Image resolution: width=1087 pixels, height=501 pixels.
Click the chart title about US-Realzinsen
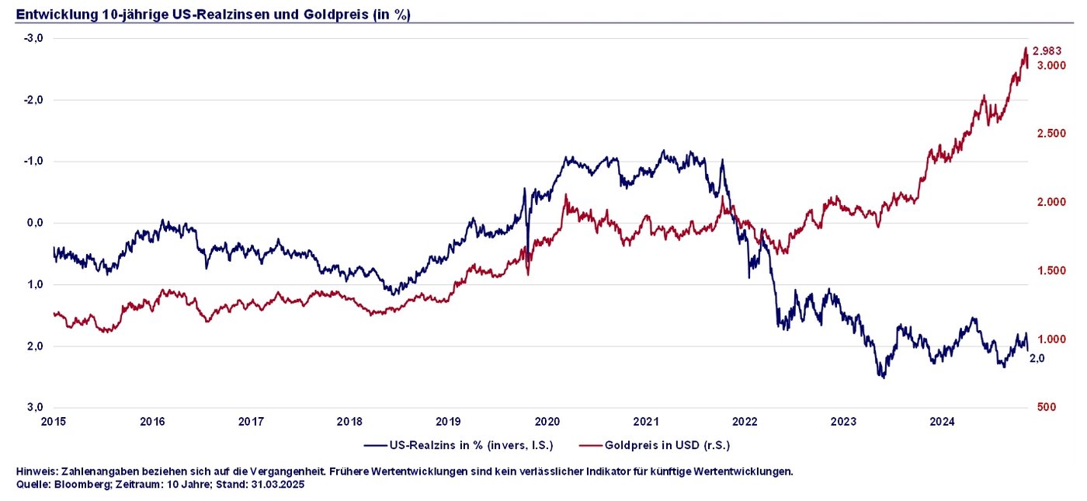(x=213, y=14)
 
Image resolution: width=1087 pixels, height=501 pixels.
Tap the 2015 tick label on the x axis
(x=54, y=422)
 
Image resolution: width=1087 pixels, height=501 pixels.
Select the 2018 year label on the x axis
(x=349, y=422)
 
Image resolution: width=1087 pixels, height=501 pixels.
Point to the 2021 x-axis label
(x=646, y=422)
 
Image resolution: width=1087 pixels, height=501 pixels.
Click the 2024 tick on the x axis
(x=943, y=422)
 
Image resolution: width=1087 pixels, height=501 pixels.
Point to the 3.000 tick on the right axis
(x=1051, y=66)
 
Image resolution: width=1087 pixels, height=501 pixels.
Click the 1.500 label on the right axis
(x=1051, y=271)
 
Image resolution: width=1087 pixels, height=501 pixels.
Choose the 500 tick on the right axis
(x=1046, y=408)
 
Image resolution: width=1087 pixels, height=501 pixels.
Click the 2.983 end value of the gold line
(x=1047, y=51)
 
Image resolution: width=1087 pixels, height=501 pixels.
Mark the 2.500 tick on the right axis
(x=1051, y=134)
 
